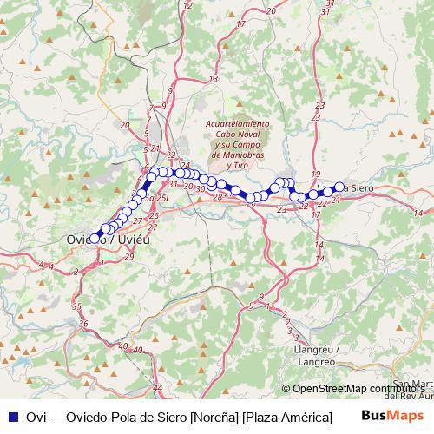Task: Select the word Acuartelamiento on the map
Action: [x=237, y=124]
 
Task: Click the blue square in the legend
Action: [x=11, y=416]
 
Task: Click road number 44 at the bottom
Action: [x=157, y=387]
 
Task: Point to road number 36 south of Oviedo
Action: [x=83, y=324]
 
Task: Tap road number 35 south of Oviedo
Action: [x=76, y=306]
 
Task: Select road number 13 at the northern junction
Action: [x=214, y=80]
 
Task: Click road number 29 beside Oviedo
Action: [x=129, y=257]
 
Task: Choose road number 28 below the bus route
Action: [x=217, y=198]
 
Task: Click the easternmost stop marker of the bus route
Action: [x=339, y=187]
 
